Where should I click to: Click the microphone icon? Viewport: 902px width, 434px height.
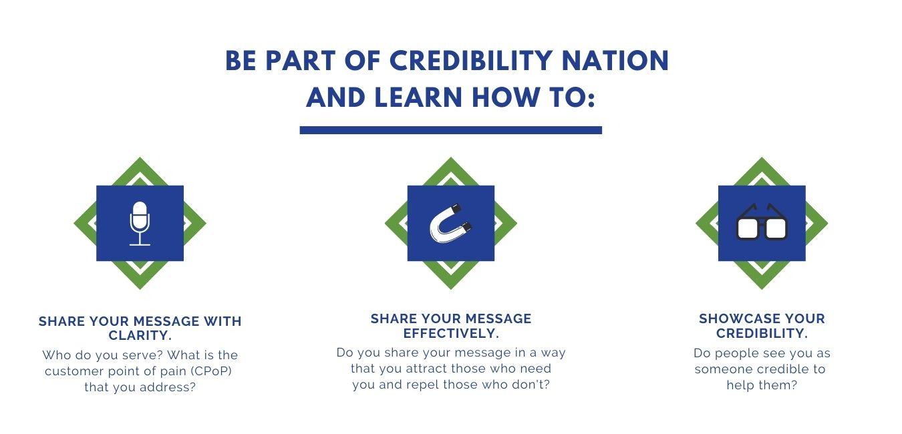pyautogui.click(x=140, y=223)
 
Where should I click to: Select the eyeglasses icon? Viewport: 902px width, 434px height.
pyautogui.click(x=762, y=222)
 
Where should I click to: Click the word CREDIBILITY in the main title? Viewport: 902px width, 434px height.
pyautogui.click(x=470, y=61)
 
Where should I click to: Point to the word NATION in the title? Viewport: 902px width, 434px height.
pyautogui.click(x=615, y=61)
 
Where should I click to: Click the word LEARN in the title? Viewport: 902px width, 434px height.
pyautogui.click(x=418, y=97)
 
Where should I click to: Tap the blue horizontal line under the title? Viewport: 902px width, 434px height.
pyautogui.click(x=450, y=130)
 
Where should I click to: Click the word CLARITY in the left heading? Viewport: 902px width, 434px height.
pyautogui.click(x=138, y=335)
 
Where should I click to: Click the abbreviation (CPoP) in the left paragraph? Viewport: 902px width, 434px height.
pyautogui.click(x=210, y=371)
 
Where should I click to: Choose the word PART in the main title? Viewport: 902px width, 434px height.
pyautogui.click(x=301, y=61)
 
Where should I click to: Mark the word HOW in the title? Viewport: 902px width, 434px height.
pyautogui.click(x=505, y=97)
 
